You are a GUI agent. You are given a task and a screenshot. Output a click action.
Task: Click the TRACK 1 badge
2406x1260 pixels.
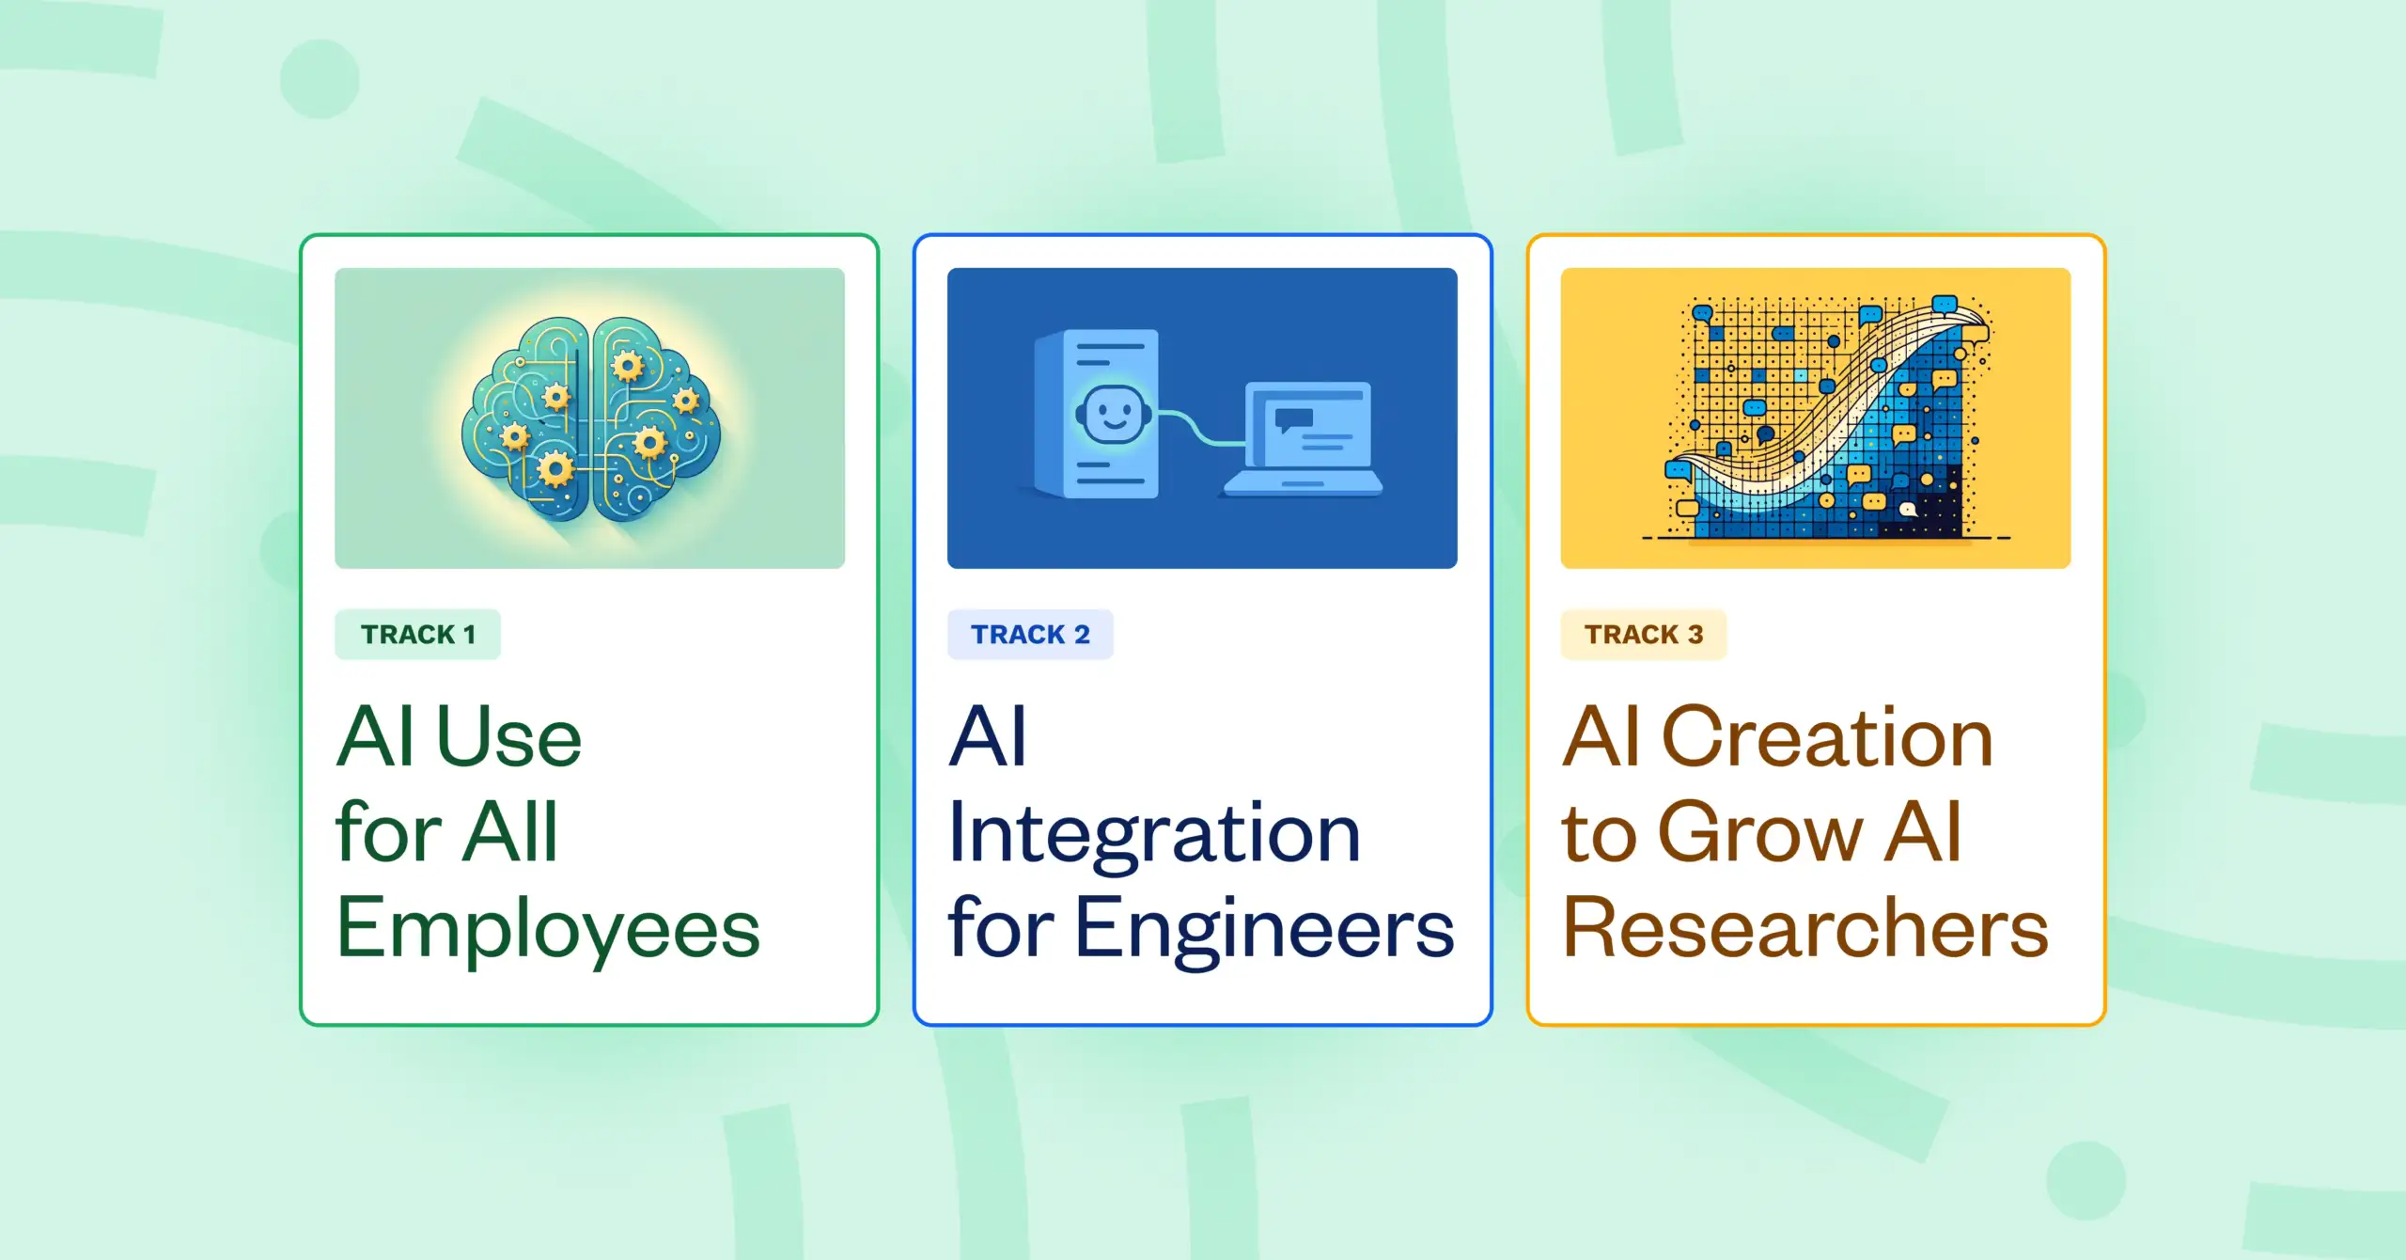[417, 635]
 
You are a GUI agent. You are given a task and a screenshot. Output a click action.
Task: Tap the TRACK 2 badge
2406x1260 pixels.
[1030, 635]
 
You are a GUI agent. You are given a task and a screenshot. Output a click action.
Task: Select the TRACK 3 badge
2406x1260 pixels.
[1644, 635]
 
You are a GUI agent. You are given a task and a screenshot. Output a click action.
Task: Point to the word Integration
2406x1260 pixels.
[1154, 834]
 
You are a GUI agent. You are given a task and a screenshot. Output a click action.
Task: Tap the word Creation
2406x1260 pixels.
[1827, 737]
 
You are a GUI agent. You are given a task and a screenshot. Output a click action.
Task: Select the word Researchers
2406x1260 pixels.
[1805, 928]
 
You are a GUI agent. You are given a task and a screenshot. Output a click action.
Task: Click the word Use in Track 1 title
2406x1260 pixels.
[509, 737]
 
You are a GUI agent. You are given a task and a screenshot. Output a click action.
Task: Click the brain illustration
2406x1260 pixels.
[590, 417]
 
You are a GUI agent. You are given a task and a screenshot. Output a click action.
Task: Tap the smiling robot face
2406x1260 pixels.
[1113, 414]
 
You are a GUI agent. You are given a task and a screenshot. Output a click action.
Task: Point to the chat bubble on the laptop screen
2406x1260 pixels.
[1293, 419]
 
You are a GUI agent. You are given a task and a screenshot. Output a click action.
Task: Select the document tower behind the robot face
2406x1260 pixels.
[1096, 413]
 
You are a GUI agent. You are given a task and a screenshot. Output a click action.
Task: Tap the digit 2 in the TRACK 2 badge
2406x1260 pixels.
[1082, 635]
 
